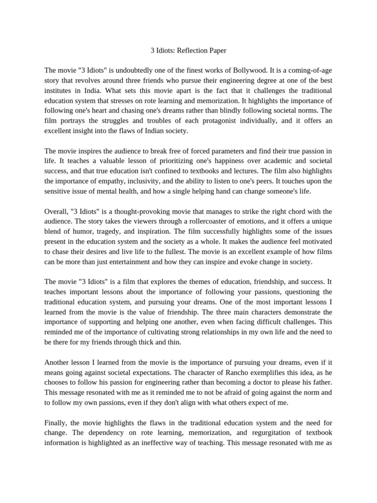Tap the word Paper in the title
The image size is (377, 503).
pyautogui.click(x=218, y=50)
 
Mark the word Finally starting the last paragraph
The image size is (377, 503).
pyautogui.click(x=56, y=422)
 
